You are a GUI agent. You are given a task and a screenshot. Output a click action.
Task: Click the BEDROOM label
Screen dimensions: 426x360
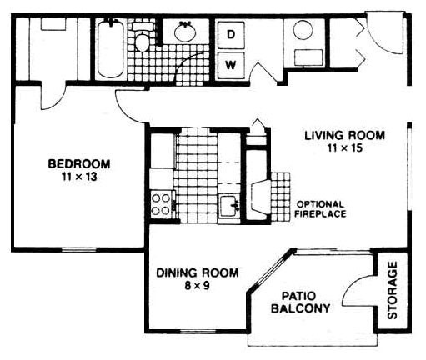click(x=79, y=163)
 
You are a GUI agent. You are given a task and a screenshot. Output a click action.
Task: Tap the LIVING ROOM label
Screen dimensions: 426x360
click(x=345, y=135)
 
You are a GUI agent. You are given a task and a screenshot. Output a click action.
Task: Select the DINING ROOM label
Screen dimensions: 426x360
click(x=198, y=272)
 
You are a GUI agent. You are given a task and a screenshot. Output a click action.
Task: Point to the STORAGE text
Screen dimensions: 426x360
click(x=393, y=290)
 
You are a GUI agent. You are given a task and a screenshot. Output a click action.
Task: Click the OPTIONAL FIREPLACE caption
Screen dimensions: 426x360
click(x=320, y=209)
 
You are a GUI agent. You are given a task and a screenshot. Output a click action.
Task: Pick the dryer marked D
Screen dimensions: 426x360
click(x=231, y=35)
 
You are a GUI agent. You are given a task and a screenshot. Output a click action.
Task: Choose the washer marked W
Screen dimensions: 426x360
click(x=231, y=66)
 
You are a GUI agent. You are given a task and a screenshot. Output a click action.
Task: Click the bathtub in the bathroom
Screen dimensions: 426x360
click(x=111, y=49)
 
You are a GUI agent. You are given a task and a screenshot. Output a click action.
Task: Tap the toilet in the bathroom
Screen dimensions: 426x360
click(x=143, y=37)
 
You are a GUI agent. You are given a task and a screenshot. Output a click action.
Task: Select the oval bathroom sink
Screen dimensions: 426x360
click(x=185, y=32)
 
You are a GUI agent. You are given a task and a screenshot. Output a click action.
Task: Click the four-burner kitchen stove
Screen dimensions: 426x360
click(x=162, y=205)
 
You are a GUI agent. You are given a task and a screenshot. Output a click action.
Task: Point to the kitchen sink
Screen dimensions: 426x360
click(x=229, y=206)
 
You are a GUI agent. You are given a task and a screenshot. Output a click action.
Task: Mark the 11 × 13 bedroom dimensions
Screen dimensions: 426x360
click(x=79, y=177)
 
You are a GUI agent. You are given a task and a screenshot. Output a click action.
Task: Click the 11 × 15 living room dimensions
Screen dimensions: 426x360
click(x=345, y=147)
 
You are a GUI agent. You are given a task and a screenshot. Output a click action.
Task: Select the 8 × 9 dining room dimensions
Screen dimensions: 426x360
click(x=197, y=286)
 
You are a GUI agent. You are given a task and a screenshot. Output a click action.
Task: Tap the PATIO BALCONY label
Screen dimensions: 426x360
click(x=300, y=302)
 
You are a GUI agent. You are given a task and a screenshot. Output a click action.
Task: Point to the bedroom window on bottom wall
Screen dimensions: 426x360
click(x=78, y=250)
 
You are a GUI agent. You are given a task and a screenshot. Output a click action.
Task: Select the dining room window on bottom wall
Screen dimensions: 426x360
click(x=198, y=331)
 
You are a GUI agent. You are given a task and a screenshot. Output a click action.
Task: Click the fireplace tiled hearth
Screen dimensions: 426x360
click(x=281, y=197)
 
